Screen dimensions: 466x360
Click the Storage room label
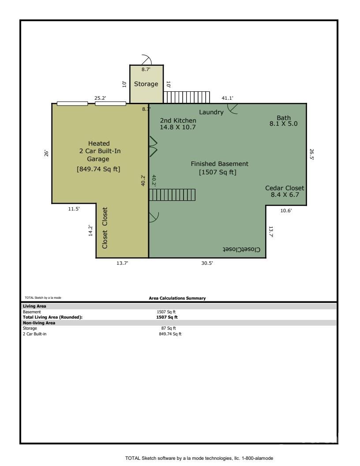coord(146,84)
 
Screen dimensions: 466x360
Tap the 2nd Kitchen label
coord(178,124)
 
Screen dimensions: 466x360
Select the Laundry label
coord(211,112)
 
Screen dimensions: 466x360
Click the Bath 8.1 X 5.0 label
coord(284,121)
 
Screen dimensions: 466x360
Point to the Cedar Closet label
coord(285,191)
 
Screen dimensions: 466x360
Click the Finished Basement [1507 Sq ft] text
coord(219,168)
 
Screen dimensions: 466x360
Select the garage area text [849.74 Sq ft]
coord(98,169)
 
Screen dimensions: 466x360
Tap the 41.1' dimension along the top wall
coord(227,98)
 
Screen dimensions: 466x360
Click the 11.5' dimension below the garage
coord(74,209)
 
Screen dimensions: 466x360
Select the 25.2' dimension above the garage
coord(100,98)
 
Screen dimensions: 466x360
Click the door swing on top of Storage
coord(146,60)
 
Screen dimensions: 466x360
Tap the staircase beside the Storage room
coord(186,97)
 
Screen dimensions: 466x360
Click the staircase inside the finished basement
coord(172,195)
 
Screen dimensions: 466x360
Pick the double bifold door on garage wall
coord(153,147)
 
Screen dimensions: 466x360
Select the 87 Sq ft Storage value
coord(168,328)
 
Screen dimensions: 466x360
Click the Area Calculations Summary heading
coord(177,298)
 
